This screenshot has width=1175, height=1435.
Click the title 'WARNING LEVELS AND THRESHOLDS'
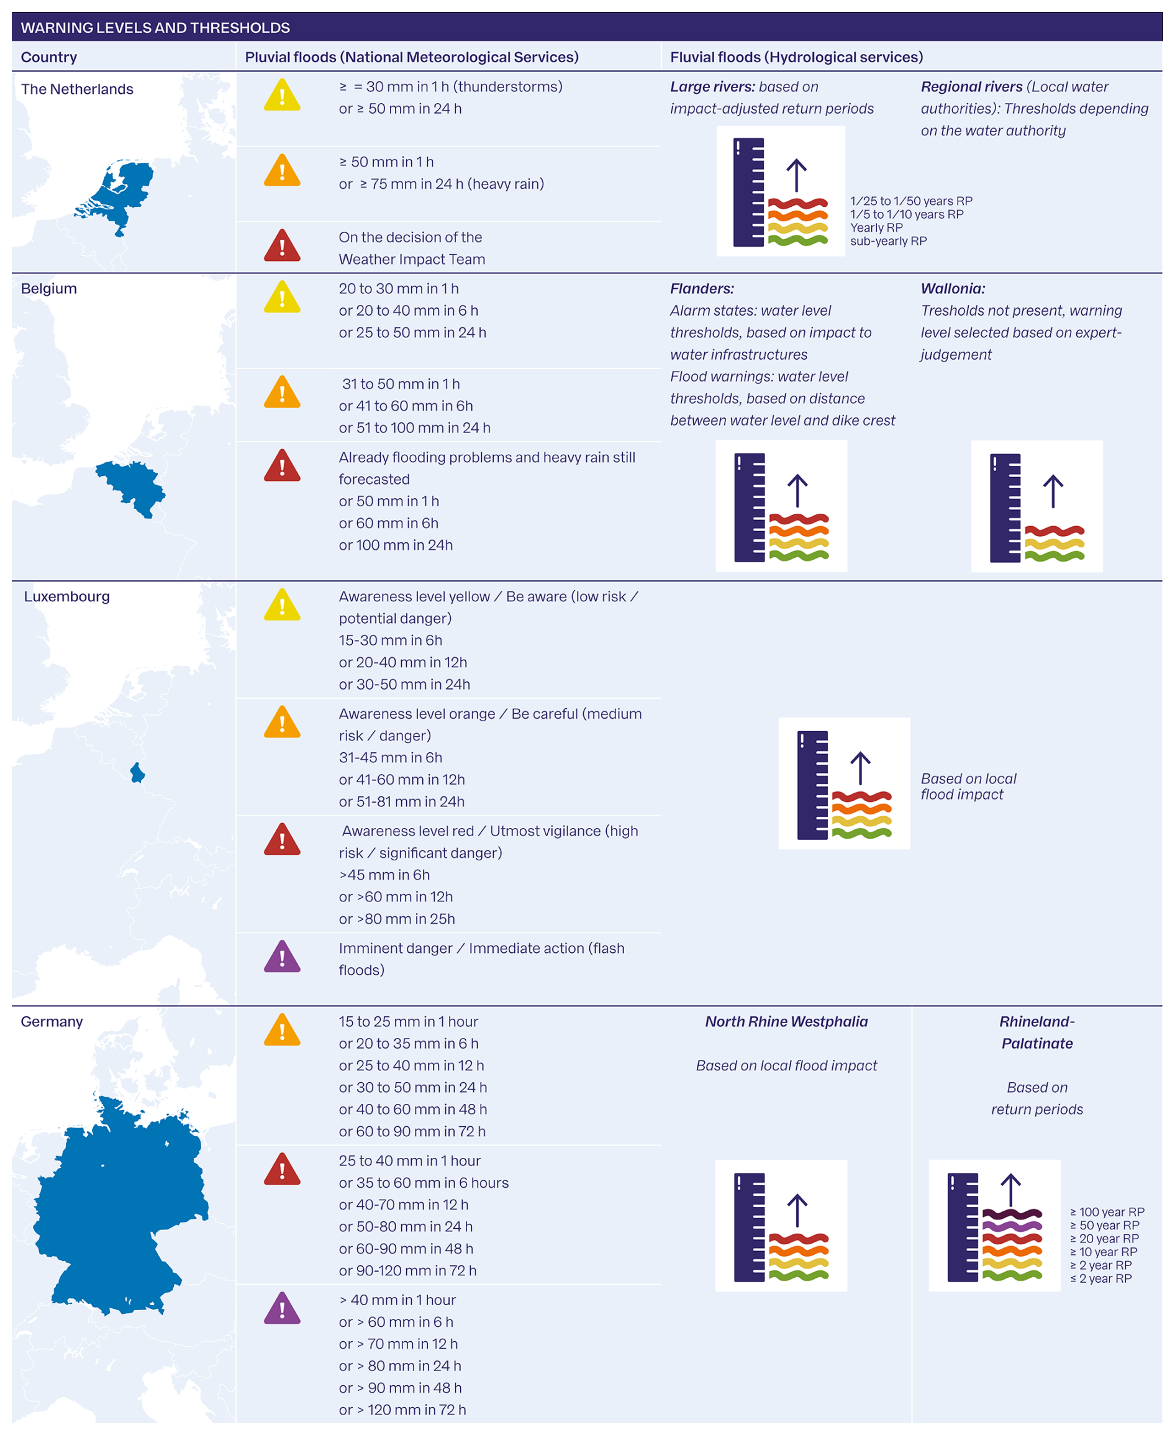click(x=155, y=28)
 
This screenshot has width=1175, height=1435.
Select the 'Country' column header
click(x=48, y=57)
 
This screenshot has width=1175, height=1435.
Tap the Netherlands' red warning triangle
click(x=281, y=246)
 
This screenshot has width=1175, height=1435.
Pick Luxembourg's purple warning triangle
click(x=281, y=957)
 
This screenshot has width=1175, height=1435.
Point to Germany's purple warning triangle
click(x=281, y=1308)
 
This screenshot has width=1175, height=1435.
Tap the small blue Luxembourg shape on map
click(x=137, y=772)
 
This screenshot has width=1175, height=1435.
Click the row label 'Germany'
click(x=52, y=1021)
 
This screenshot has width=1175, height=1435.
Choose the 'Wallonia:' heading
click(x=952, y=288)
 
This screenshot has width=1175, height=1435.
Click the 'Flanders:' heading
click(x=701, y=288)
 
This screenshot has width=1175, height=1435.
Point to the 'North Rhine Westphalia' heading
click(x=786, y=1021)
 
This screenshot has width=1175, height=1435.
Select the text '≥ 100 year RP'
click(x=1107, y=1211)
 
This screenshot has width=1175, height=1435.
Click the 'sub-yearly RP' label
click(x=888, y=241)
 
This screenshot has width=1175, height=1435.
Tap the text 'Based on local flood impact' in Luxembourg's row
click(x=968, y=786)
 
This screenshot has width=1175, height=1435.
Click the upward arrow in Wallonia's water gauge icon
click(x=1053, y=491)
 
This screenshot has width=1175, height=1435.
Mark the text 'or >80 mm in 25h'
click(x=397, y=919)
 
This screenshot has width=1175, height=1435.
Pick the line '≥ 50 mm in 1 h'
click(x=386, y=162)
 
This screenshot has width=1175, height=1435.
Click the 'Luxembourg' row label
click(x=66, y=596)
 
